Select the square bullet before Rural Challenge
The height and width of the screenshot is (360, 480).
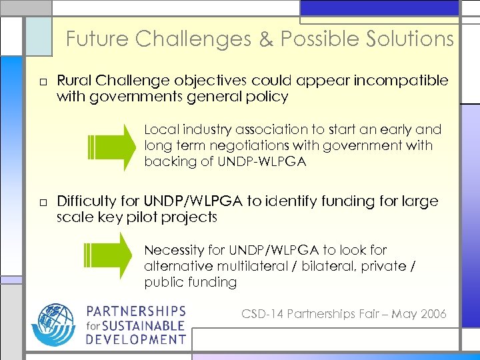[x=42, y=82]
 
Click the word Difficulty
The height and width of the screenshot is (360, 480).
[x=87, y=201]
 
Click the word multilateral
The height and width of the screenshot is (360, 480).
[x=245, y=266]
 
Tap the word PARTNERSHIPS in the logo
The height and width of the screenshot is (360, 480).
[x=136, y=311]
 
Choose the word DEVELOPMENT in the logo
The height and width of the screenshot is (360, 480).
[x=136, y=339]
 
